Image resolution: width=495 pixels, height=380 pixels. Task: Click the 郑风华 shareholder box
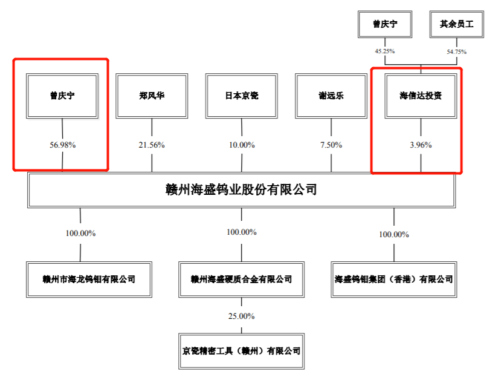pos(152,96)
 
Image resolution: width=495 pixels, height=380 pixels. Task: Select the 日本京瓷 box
pos(241,96)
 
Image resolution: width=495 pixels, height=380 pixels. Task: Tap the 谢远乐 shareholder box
pos(331,96)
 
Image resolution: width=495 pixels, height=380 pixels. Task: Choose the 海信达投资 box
pos(421,96)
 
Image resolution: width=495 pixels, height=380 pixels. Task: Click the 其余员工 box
pos(457,25)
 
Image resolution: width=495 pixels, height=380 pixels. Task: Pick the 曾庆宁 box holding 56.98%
pos(62,96)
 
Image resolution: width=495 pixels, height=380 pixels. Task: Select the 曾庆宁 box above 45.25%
pos(384,25)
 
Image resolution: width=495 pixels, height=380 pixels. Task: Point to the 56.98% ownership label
pos(62,145)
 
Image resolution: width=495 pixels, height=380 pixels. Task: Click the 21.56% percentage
pos(152,145)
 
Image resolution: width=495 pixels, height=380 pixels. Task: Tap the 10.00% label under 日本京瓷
pos(242,145)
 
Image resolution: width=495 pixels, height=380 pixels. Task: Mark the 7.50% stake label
pos(331,145)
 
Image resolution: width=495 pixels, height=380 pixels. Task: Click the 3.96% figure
pos(421,145)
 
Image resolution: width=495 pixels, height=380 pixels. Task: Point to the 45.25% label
pos(384,51)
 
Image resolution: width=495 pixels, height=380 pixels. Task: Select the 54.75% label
pos(457,51)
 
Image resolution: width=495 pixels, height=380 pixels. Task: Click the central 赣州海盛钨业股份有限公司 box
pos(241,189)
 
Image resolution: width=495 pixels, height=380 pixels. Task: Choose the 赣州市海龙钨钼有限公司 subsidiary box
pos(81,279)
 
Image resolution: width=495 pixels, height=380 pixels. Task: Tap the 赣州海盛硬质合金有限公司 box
pos(241,279)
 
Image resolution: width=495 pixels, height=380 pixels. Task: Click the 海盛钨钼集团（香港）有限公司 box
pos(394,279)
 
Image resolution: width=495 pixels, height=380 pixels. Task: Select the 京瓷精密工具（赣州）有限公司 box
pos(241,350)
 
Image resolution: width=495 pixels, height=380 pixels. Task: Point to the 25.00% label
pos(241,316)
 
